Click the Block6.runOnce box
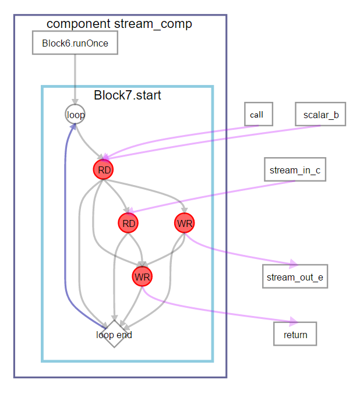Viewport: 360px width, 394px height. (x=75, y=43)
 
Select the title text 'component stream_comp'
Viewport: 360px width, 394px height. (x=119, y=24)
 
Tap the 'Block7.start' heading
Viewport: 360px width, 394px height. (x=127, y=95)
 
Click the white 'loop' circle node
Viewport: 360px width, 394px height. (x=75, y=115)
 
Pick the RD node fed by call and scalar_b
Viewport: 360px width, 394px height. (x=103, y=170)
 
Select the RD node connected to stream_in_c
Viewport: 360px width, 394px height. (x=128, y=223)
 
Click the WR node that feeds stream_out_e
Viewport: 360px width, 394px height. (x=184, y=223)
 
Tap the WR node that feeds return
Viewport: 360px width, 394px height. (x=142, y=276)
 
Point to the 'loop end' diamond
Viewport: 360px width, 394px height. (x=114, y=335)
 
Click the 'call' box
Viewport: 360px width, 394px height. (x=256, y=115)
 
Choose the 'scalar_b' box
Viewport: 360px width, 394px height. (x=320, y=115)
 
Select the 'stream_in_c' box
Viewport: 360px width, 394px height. (x=294, y=170)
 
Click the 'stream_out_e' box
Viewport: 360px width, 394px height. (x=294, y=276)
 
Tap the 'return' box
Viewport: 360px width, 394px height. (x=295, y=335)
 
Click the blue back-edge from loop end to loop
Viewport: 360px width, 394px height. (x=66, y=233)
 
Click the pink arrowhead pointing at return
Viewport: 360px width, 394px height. (x=294, y=321)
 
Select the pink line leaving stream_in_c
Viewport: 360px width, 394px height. (x=233, y=192)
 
